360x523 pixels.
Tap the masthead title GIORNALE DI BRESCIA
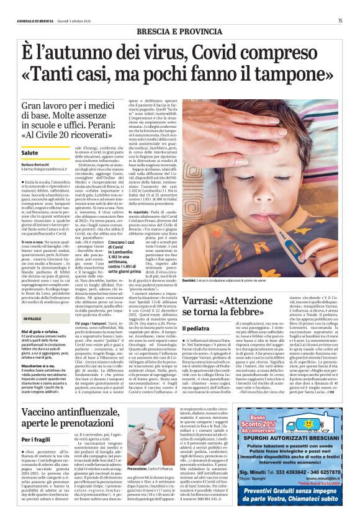34,20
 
